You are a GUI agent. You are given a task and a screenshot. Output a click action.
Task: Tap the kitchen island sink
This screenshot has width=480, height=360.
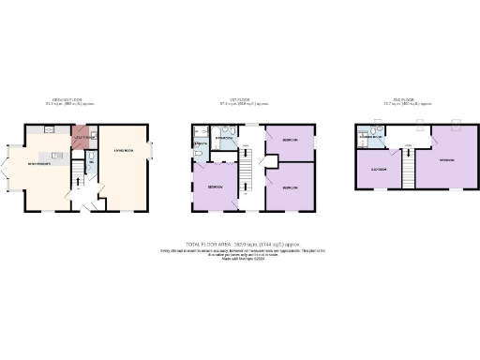click(55, 155)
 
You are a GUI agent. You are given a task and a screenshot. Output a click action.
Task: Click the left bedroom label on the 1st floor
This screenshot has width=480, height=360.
click(214, 186)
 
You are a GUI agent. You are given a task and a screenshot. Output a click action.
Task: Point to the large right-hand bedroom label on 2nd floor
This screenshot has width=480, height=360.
click(446, 160)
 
